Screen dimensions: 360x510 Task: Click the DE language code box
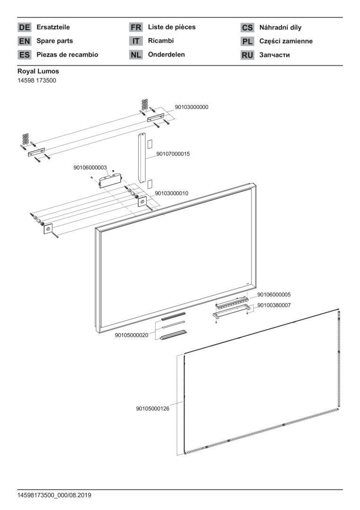point(25,27)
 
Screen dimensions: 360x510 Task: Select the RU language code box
point(247,55)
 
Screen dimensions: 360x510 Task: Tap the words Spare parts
point(55,41)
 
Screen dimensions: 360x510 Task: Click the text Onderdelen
point(167,54)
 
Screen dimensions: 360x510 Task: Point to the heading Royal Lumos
point(38,71)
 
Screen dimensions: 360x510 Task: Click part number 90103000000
point(192,107)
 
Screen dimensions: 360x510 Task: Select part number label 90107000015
point(173,154)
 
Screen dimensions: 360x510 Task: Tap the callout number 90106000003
point(90,168)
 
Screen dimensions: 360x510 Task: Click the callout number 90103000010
point(172,193)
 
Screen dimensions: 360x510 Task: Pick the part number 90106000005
point(274,295)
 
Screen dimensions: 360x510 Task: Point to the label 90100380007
point(274,305)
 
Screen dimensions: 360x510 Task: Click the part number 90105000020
point(132,335)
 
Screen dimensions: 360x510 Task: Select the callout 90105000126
point(153,408)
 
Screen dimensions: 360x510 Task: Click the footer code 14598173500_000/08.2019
point(54,495)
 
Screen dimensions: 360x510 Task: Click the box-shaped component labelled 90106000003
point(110,181)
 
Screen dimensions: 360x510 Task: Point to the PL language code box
point(247,41)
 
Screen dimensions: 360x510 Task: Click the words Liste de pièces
point(172,27)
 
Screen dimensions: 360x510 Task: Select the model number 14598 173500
point(37,80)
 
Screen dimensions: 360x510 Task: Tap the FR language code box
point(136,27)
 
